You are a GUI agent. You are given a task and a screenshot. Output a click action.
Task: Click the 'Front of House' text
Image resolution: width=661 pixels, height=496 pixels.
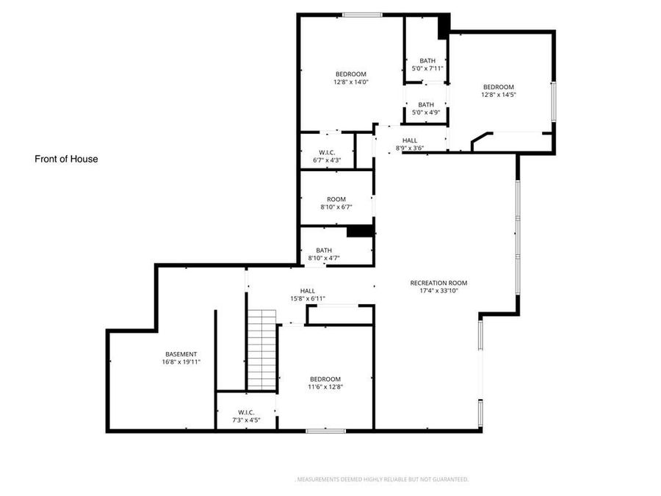point(66,159)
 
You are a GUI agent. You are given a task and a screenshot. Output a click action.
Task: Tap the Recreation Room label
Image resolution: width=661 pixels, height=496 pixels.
point(438,283)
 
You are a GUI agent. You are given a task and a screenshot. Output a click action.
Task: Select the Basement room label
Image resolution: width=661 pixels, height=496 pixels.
point(181,354)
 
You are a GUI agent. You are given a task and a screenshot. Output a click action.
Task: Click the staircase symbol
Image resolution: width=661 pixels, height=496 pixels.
point(261,350)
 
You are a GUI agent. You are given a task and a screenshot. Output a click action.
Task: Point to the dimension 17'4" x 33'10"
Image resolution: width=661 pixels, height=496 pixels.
point(438,291)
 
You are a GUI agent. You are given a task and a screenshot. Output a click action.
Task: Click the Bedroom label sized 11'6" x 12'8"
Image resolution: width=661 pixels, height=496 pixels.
point(325,379)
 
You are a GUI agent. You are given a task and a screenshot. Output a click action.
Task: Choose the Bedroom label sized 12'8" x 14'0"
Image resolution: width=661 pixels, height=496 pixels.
point(350,74)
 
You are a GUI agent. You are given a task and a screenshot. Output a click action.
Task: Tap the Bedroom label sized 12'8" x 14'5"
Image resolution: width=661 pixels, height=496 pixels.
point(499,87)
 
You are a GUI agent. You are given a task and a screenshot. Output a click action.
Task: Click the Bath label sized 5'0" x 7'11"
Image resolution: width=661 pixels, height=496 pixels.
point(427,61)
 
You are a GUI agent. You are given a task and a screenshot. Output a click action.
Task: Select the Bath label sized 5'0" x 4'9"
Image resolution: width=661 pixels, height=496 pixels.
point(426,104)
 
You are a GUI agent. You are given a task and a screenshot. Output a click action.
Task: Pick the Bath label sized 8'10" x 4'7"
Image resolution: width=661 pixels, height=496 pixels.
point(324,250)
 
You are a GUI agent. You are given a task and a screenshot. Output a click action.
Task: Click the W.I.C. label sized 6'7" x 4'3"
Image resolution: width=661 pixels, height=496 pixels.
point(327,153)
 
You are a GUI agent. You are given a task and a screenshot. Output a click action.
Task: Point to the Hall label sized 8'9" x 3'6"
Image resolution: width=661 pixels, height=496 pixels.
point(410,140)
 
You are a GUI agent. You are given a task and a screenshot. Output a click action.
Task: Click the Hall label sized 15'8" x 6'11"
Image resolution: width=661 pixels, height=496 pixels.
point(308,291)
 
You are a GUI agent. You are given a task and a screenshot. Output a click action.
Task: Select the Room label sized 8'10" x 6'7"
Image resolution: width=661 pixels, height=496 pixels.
point(336,199)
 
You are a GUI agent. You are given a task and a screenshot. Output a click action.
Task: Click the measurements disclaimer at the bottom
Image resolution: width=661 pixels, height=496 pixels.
point(381,479)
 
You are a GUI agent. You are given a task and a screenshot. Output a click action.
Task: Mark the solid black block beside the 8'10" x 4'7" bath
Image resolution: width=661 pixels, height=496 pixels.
point(360,231)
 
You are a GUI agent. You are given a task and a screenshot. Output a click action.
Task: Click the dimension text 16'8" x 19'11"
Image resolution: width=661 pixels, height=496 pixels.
point(181,362)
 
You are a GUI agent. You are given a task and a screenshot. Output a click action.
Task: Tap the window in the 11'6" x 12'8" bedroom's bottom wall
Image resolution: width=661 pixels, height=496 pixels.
point(325,431)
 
